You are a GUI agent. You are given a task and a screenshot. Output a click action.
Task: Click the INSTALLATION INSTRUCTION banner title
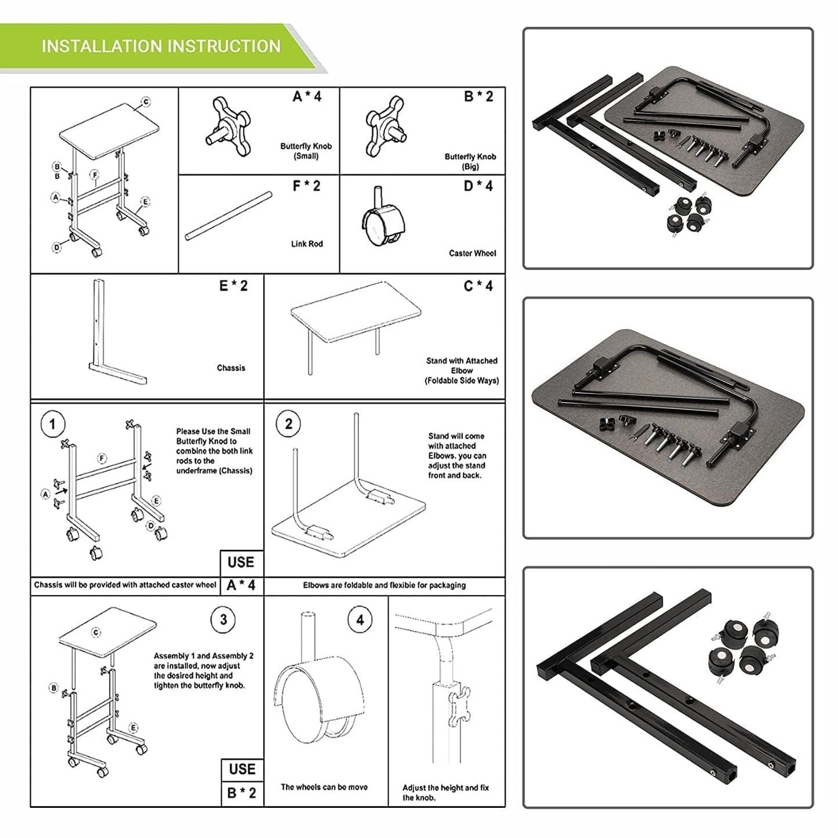161,46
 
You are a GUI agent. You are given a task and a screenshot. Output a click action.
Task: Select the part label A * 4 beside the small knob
307,97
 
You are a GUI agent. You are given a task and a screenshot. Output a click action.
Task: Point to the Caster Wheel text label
472,253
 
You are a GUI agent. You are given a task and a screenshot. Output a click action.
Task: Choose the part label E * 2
233,286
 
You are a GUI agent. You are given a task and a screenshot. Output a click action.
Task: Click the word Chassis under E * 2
231,368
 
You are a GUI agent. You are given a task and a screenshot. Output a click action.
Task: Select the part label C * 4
478,286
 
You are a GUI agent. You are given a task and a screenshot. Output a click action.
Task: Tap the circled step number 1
53,425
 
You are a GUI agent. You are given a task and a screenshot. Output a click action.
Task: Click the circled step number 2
288,425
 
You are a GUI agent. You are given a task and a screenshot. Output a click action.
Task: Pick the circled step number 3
223,620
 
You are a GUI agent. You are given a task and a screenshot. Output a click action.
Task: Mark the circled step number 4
360,620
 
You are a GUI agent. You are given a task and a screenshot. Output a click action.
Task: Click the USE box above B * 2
242,770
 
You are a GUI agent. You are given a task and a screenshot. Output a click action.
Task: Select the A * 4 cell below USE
241,586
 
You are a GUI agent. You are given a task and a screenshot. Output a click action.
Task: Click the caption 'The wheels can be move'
324,788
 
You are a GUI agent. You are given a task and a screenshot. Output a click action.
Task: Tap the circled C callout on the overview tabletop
146,102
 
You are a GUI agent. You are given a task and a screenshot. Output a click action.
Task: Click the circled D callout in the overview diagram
57,248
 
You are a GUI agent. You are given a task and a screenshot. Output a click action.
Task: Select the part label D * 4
478,186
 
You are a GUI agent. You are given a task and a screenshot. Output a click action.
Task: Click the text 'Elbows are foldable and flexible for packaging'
384,586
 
